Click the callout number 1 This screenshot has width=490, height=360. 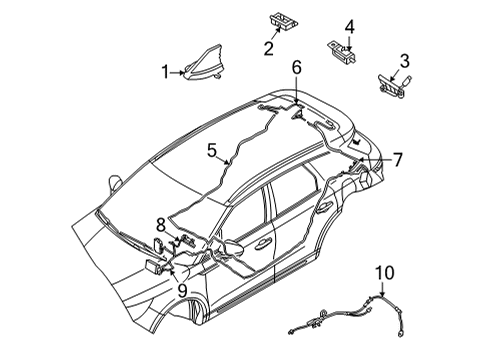point(166,72)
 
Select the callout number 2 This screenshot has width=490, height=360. point(269,48)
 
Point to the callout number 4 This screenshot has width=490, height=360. point(349,26)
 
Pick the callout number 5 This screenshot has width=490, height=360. point(212,150)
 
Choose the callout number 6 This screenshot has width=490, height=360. point(296,67)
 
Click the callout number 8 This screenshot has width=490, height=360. point(160,226)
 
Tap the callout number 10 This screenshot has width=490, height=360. point(384,273)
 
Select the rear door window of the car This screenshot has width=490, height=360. point(296,189)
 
